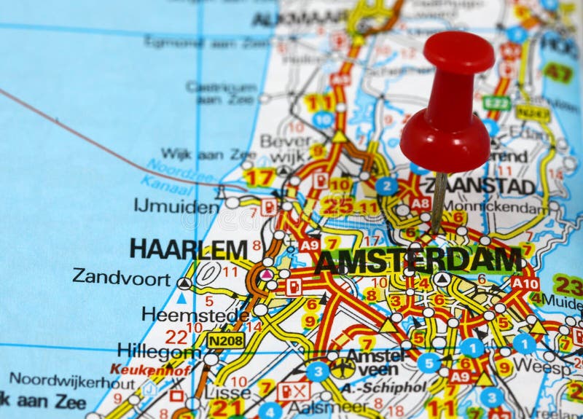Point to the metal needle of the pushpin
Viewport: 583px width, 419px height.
click(439, 200)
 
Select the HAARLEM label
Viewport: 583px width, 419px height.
click(189, 249)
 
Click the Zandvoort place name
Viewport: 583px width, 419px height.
click(121, 277)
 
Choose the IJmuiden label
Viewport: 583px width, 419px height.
click(176, 205)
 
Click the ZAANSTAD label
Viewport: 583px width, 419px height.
click(480, 186)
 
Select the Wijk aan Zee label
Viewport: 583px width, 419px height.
click(208, 154)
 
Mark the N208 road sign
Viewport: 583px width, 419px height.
click(225, 340)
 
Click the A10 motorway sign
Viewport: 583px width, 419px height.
click(525, 283)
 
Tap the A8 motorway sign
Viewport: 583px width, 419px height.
click(420, 203)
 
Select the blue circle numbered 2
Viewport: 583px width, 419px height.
click(387, 186)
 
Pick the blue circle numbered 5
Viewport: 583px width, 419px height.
click(429, 362)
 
